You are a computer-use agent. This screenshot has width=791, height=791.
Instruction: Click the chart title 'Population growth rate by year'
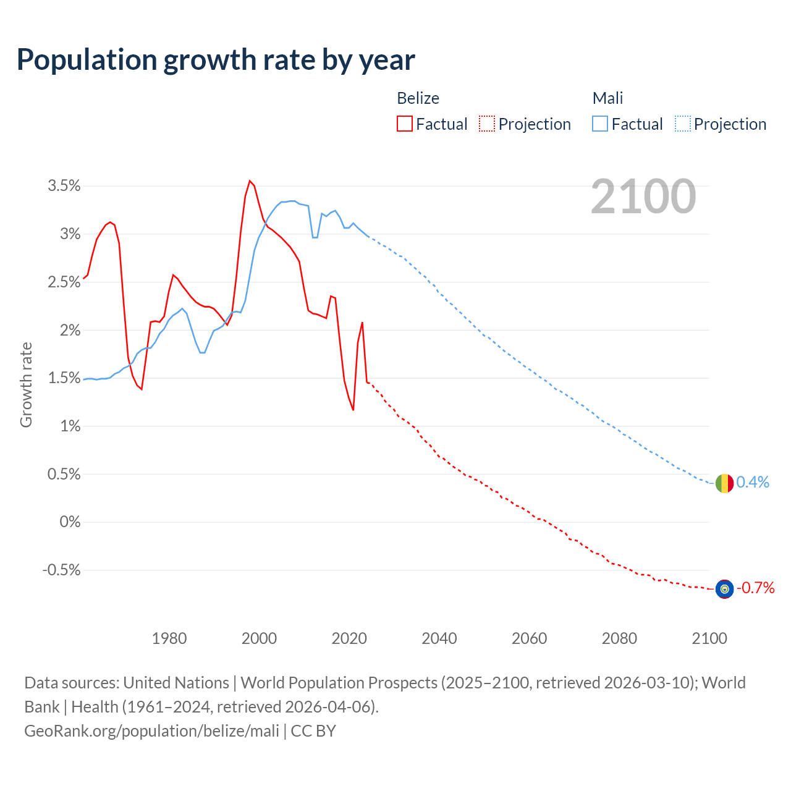(x=216, y=60)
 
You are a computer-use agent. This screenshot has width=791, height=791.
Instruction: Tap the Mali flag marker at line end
(x=724, y=483)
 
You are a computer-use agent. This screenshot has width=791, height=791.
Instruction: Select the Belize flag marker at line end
(x=724, y=589)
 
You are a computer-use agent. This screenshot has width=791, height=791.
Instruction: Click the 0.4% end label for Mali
(x=753, y=482)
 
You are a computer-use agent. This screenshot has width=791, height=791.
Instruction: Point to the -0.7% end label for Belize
(x=755, y=588)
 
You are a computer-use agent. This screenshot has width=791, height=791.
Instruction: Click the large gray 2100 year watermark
(x=643, y=197)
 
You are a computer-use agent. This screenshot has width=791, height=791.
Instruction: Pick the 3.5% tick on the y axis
(x=64, y=186)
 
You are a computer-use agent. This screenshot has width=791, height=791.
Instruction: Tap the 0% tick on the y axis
(x=70, y=522)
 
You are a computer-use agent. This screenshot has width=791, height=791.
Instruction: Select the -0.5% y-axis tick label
(x=61, y=570)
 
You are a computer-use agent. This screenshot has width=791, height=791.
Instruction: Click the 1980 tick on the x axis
(x=169, y=638)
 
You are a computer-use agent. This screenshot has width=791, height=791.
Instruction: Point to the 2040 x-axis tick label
(x=439, y=638)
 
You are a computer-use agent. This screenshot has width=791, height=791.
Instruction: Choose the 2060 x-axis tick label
(x=529, y=638)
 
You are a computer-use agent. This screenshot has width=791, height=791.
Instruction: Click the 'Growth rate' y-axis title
(x=26, y=384)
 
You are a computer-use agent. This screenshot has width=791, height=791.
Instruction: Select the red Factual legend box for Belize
(x=405, y=124)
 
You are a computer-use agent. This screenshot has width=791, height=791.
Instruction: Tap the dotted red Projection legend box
(x=487, y=124)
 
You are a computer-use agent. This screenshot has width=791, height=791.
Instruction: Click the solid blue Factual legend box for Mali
(x=600, y=124)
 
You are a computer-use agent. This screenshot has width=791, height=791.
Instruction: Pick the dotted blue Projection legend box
(x=682, y=124)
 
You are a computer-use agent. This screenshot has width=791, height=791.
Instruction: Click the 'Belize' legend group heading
(x=418, y=98)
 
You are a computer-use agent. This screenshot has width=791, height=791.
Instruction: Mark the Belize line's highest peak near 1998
(x=250, y=181)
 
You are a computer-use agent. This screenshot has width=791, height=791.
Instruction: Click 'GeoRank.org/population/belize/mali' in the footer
(x=152, y=730)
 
